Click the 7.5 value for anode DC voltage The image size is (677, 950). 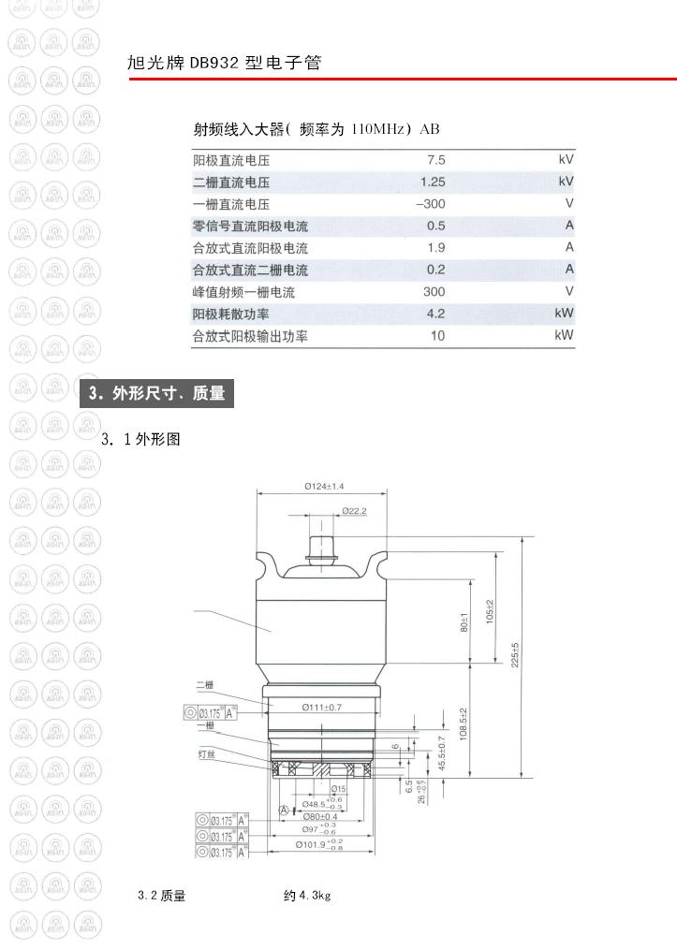(x=435, y=160)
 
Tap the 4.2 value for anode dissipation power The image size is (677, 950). (x=435, y=314)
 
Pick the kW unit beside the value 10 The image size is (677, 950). (x=564, y=335)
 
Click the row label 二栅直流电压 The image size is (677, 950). (x=231, y=183)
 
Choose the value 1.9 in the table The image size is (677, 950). (x=435, y=248)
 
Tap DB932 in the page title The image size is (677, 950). (x=214, y=64)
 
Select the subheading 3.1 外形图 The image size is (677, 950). (x=140, y=438)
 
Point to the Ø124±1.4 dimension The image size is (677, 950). (x=324, y=486)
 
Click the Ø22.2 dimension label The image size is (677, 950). (x=353, y=511)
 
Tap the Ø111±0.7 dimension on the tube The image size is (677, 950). (x=321, y=707)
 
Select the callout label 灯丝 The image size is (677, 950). (x=206, y=753)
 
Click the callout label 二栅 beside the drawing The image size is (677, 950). (x=205, y=684)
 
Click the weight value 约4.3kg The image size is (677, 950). (x=307, y=896)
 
